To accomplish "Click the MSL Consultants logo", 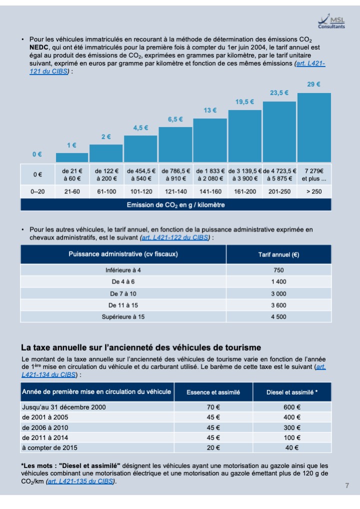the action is [331, 21].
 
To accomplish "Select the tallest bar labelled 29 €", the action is [314, 127].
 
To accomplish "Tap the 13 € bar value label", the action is [210, 110].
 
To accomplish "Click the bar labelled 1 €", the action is [72, 157].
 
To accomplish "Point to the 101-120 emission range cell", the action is [141, 191].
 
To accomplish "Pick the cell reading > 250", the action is [314, 191].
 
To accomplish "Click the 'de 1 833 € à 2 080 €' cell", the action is [210, 174].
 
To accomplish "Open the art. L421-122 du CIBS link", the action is [175, 237].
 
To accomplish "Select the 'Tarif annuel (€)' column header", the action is [279, 254].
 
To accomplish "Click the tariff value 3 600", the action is [279, 305].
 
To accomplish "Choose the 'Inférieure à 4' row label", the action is [123, 270].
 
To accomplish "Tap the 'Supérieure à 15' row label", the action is [123, 317].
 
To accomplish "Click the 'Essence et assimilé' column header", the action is [213, 392].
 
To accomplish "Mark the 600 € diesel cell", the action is [292, 407].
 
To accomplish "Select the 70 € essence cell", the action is [213, 407].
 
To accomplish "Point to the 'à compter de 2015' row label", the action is [49, 447].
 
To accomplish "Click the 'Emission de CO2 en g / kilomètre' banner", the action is [175, 205].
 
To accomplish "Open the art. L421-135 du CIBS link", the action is [80, 481].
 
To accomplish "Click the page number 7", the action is [347, 485].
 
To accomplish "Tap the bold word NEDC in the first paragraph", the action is [39, 47].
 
